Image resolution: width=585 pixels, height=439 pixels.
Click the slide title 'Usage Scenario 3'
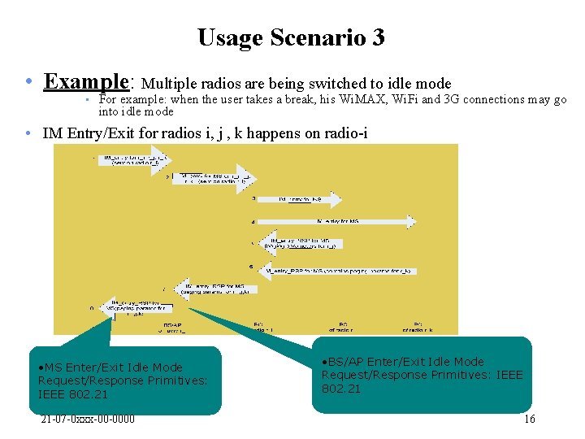291,37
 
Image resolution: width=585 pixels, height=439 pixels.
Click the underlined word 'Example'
88,82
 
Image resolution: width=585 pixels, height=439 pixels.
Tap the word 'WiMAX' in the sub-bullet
358,99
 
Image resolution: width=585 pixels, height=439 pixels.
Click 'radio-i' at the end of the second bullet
345,133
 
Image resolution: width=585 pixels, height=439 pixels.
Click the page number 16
529,419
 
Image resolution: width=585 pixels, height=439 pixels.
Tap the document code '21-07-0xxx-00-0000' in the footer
88,419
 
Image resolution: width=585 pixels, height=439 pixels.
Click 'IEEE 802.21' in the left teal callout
73,394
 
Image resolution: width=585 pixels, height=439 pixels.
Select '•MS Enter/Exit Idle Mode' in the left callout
110,367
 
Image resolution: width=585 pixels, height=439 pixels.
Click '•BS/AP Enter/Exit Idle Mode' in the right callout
402,362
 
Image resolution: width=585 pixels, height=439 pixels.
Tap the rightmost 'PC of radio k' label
418,327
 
